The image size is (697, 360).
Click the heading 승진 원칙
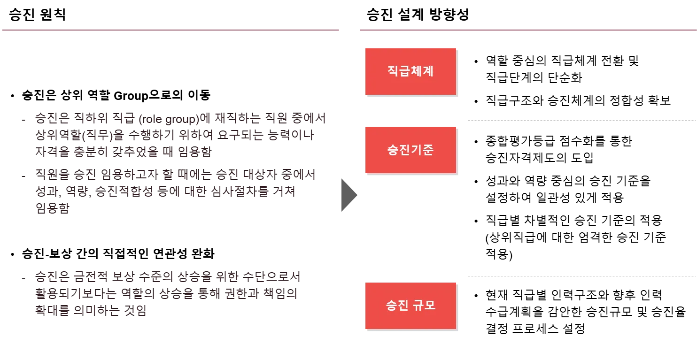[x=38, y=15]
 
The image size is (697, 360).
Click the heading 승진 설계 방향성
[x=418, y=15]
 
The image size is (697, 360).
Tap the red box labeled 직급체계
[x=410, y=71]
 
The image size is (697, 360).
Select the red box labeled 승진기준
[x=410, y=150]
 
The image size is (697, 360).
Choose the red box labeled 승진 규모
[x=410, y=306]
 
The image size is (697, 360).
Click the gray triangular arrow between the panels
[x=349, y=195]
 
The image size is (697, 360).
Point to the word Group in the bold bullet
[x=131, y=96]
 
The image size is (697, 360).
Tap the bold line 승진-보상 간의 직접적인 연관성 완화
[x=118, y=253]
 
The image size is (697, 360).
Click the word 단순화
[x=565, y=78]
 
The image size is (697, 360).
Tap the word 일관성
[x=554, y=198]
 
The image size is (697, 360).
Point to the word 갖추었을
[x=135, y=152]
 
